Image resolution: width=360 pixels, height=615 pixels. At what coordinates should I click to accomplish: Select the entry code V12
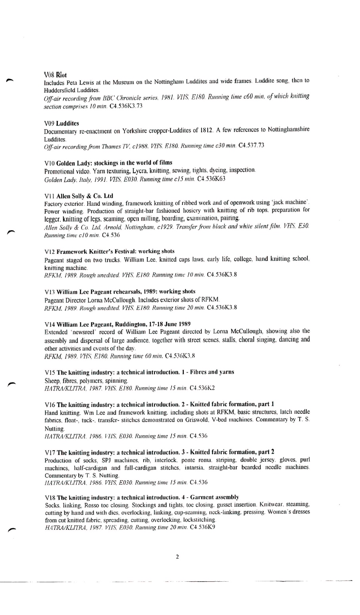click(50, 252)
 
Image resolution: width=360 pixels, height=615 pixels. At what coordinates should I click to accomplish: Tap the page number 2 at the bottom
click(177, 557)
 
